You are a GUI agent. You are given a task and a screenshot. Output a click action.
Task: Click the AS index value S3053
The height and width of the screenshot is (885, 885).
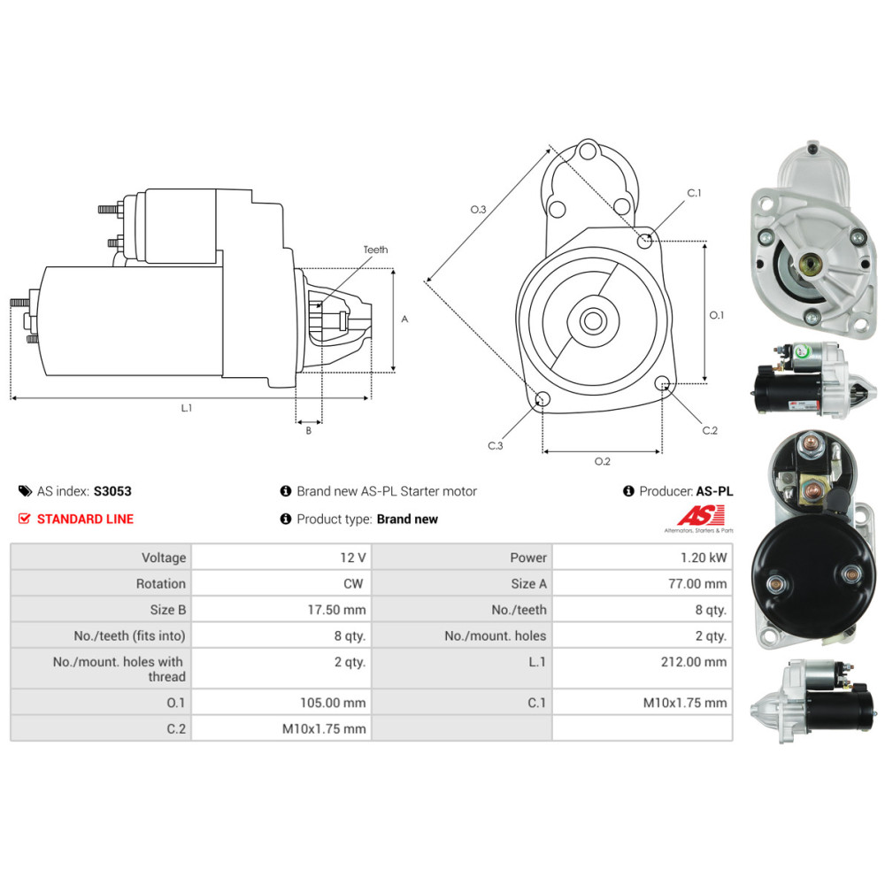pyautogui.click(x=112, y=491)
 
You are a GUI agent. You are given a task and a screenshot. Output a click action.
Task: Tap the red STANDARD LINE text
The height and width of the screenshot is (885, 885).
pyautogui.click(x=85, y=519)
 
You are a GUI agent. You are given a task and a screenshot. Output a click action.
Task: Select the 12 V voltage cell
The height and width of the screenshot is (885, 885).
pyautogui.click(x=353, y=558)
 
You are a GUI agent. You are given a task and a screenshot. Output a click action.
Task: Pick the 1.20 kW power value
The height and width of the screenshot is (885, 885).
pyautogui.click(x=704, y=558)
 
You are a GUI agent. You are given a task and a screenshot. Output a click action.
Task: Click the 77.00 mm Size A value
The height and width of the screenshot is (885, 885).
pyautogui.click(x=697, y=583)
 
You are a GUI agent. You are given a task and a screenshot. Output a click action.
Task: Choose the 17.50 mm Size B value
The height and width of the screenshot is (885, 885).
pyautogui.click(x=336, y=610)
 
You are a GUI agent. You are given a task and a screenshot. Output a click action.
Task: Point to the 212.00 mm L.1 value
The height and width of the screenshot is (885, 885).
pyautogui.click(x=694, y=661)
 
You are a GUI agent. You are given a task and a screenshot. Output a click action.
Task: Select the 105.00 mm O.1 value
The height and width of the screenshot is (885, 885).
pyautogui.click(x=333, y=703)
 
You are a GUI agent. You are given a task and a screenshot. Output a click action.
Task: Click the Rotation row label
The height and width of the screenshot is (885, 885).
pyautogui.click(x=160, y=583)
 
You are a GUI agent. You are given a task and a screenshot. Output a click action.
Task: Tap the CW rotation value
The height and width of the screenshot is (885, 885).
pyautogui.click(x=353, y=583)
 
